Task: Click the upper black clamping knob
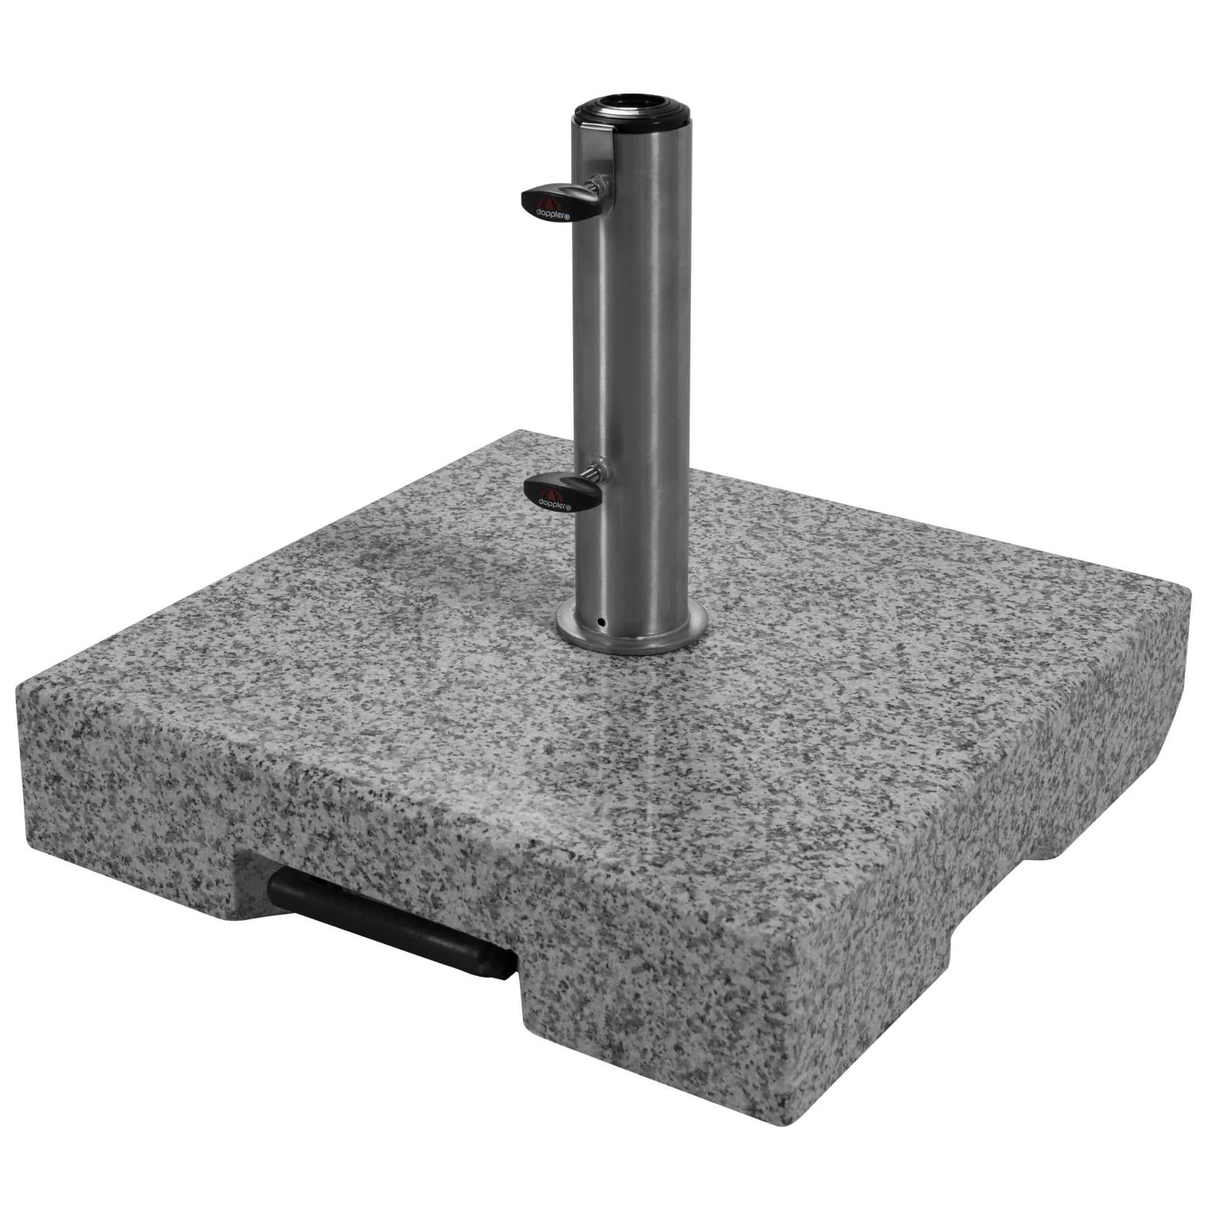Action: coord(548,202)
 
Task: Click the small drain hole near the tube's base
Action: coord(601,623)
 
